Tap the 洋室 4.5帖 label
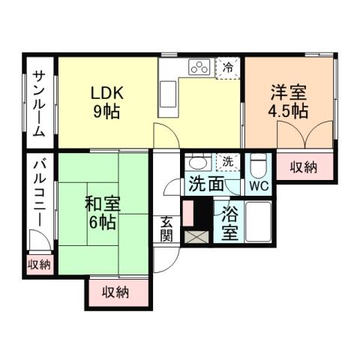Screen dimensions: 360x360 point(289,101)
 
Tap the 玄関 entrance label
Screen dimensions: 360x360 point(166,229)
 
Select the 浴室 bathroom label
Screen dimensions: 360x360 point(230,223)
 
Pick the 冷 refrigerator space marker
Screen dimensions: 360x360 point(228,67)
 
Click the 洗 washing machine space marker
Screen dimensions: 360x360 point(227,160)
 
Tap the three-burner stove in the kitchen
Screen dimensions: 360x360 point(199,67)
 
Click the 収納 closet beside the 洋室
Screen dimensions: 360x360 point(304,166)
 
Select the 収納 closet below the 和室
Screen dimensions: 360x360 point(118,292)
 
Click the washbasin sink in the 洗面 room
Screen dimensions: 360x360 point(198,163)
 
